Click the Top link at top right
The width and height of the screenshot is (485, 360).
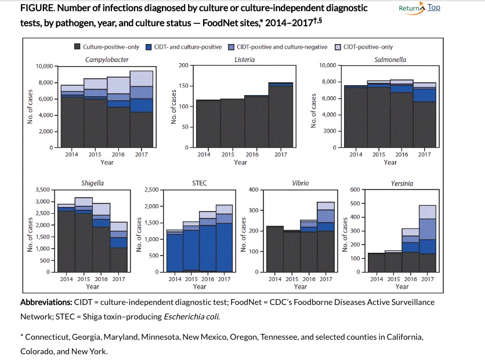[x=434, y=8]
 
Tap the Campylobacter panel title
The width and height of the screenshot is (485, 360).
[x=107, y=60]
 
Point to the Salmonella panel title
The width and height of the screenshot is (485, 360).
[x=390, y=60]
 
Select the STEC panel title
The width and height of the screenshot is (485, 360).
[x=199, y=183]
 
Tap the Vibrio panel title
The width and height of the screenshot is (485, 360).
[x=301, y=183]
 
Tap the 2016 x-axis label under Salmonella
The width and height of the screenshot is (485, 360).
[x=401, y=155]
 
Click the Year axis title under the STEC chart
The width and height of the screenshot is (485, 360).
[x=199, y=286]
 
